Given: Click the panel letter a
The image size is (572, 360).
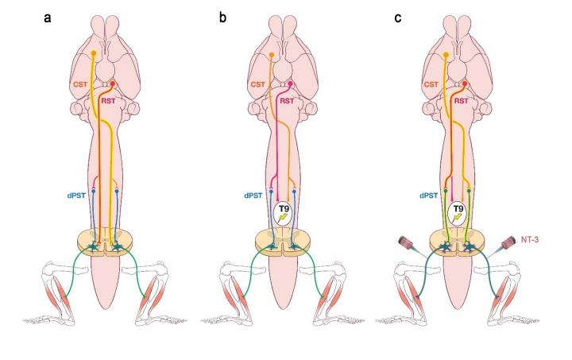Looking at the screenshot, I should [x=48, y=15].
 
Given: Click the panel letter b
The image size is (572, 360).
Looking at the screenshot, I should [x=225, y=15].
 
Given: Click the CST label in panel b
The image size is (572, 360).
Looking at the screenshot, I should [x=257, y=83].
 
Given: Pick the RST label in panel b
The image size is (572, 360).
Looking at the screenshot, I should [x=306, y=101].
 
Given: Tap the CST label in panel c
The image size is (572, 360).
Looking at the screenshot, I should [x=432, y=83].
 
